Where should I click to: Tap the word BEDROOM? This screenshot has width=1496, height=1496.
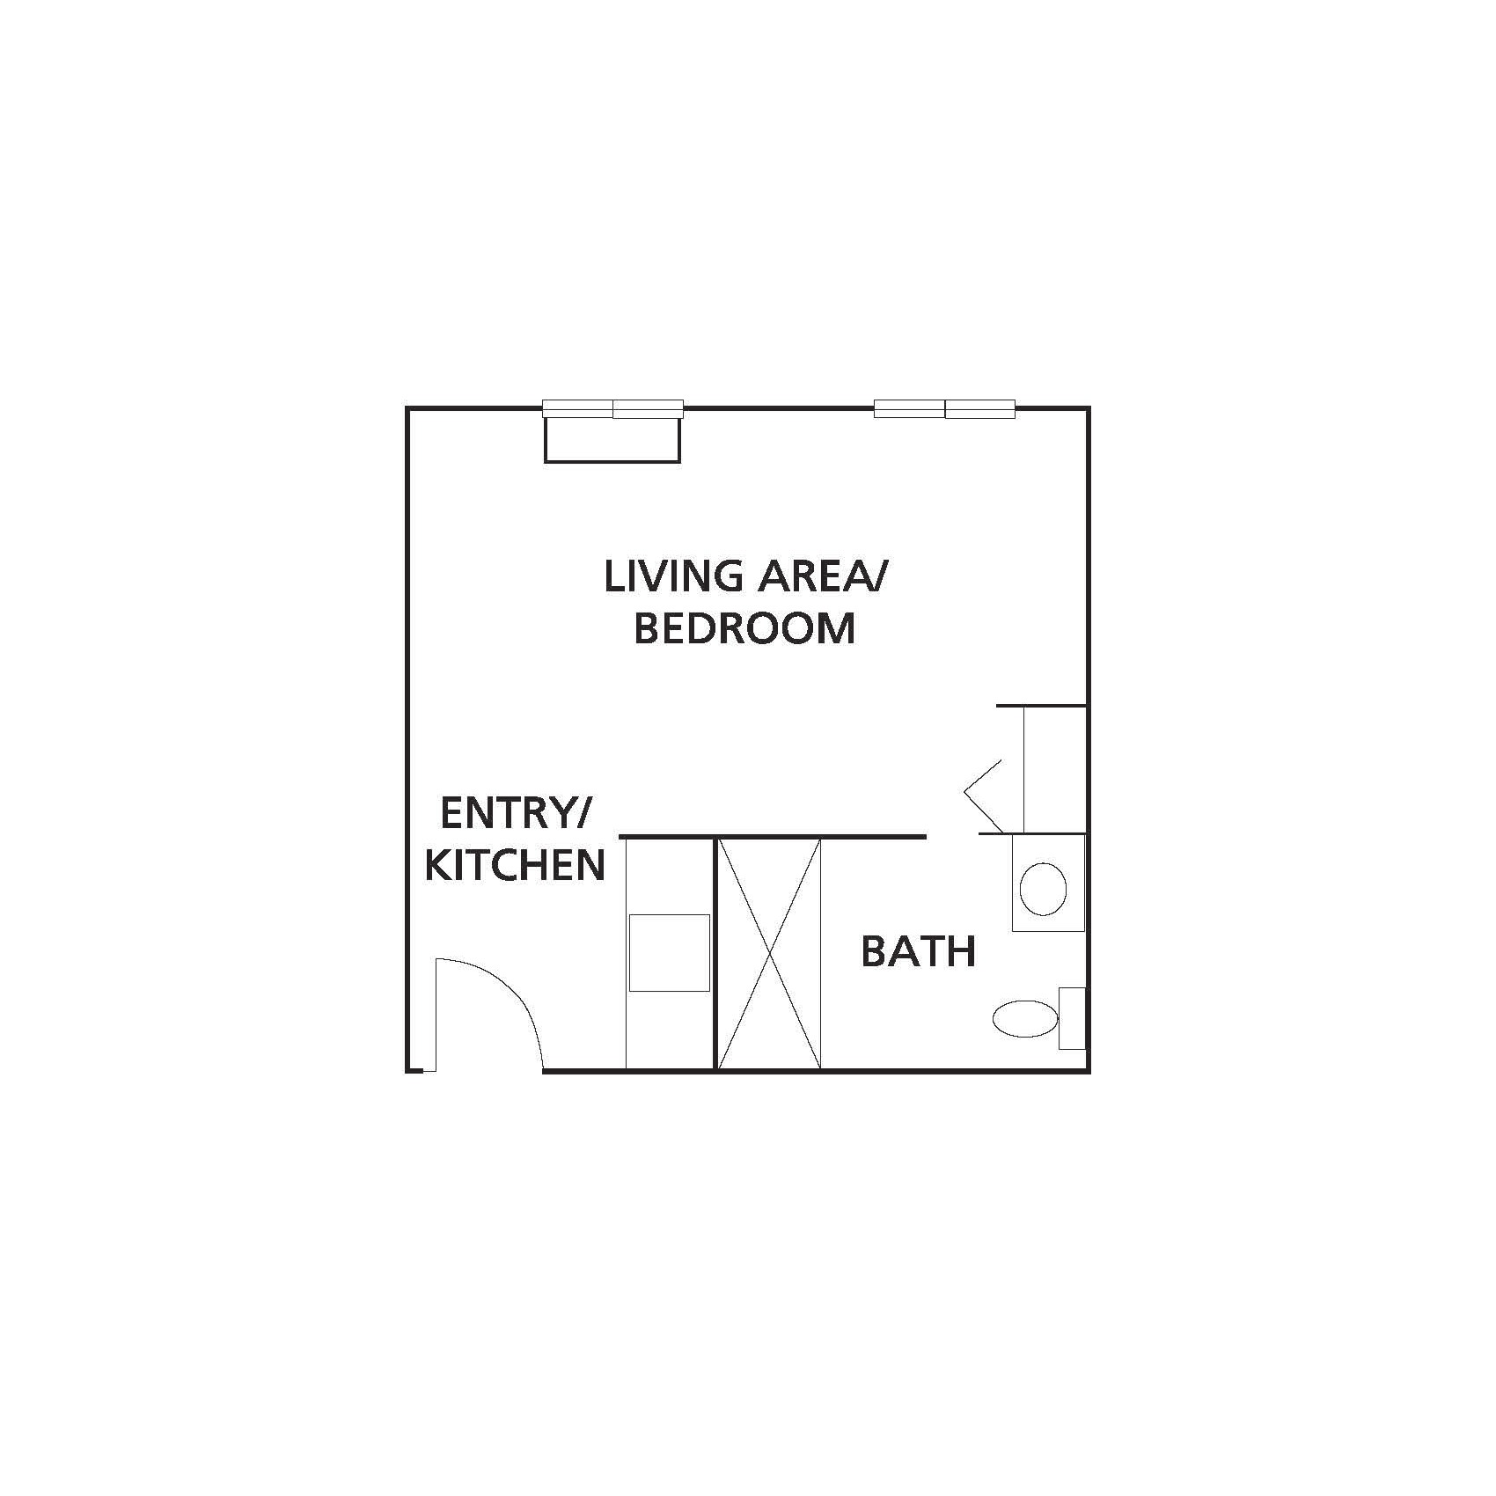tap(744, 628)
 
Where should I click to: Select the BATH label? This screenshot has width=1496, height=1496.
tap(918, 951)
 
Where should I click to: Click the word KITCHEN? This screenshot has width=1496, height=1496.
tap(516, 865)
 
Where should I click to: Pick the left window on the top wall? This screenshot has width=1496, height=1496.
tap(613, 408)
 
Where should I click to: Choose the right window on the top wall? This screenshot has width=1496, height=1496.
tap(945, 408)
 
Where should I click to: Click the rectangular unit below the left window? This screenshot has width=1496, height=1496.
tap(612, 439)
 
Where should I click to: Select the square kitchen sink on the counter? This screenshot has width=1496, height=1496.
tap(669, 953)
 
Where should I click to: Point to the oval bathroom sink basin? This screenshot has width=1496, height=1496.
tap(1043, 888)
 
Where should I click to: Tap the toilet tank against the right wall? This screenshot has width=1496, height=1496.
tap(1072, 1018)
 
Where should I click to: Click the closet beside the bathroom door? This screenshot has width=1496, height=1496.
tap(1054, 769)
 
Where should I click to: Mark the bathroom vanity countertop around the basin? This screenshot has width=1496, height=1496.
tap(1048, 883)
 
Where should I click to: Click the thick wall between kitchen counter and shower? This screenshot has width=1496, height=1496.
tap(714, 954)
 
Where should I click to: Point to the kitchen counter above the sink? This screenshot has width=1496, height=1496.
tap(669, 876)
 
